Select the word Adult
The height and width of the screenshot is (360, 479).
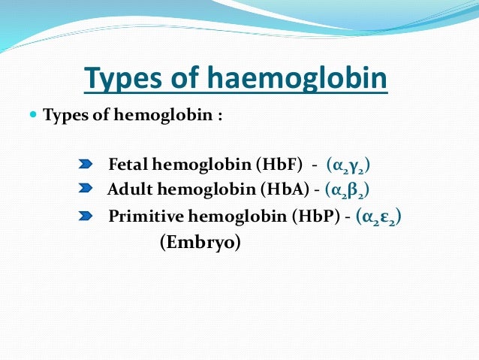127,189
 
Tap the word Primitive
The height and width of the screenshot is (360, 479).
143,216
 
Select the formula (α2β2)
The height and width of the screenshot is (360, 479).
347,189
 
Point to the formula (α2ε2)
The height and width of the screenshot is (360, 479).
380,216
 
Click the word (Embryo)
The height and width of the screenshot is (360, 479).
200,244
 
